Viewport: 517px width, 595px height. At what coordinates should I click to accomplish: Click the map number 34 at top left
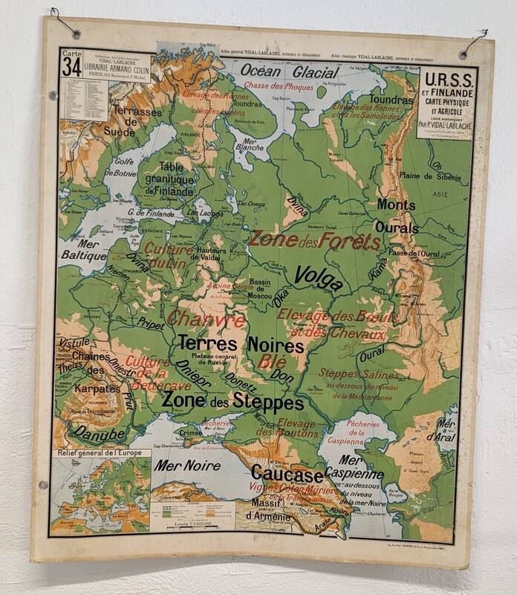pyautogui.click(x=72, y=66)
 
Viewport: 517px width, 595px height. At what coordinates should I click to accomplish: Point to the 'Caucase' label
pyautogui.click(x=287, y=473)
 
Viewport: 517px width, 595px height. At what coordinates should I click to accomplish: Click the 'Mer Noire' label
pyautogui.click(x=187, y=466)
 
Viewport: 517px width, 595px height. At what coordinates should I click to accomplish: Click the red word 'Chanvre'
pyautogui.click(x=206, y=320)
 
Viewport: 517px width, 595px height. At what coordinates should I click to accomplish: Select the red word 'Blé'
pyautogui.click(x=273, y=362)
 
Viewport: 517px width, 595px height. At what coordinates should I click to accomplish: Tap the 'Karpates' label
pyautogui.click(x=97, y=388)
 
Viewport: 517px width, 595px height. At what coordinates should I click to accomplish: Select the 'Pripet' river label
pyautogui.click(x=151, y=323)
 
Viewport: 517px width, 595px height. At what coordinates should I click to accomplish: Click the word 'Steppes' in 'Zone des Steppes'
pyautogui.click(x=268, y=402)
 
